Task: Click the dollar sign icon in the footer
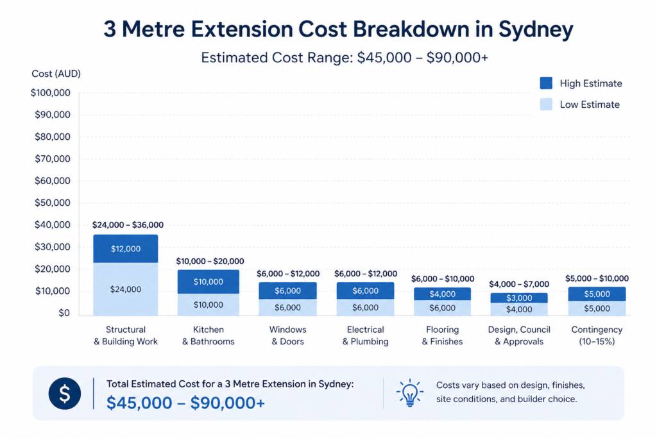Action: [65, 393]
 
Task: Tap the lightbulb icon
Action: [409, 393]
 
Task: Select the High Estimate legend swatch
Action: [546, 83]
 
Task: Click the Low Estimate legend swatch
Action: [546, 104]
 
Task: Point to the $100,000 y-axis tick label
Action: [50, 93]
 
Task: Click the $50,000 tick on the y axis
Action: [50, 203]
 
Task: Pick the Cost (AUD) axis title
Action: [56, 74]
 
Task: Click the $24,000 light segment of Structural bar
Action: [125, 289]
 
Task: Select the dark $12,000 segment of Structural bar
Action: [125, 249]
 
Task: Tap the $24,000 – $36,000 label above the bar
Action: [128, 225]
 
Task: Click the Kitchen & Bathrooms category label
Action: [208, 335]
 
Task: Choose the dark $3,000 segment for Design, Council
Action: [519, 298]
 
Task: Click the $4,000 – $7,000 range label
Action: [519, 284]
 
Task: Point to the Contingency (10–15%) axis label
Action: [597, 335]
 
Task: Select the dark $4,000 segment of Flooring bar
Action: [442, 294]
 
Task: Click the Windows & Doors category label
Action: [287, 335]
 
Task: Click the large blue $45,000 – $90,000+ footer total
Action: [185, 403]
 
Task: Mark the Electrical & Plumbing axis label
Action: [365, 335]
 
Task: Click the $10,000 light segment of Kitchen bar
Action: [208, 305]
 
